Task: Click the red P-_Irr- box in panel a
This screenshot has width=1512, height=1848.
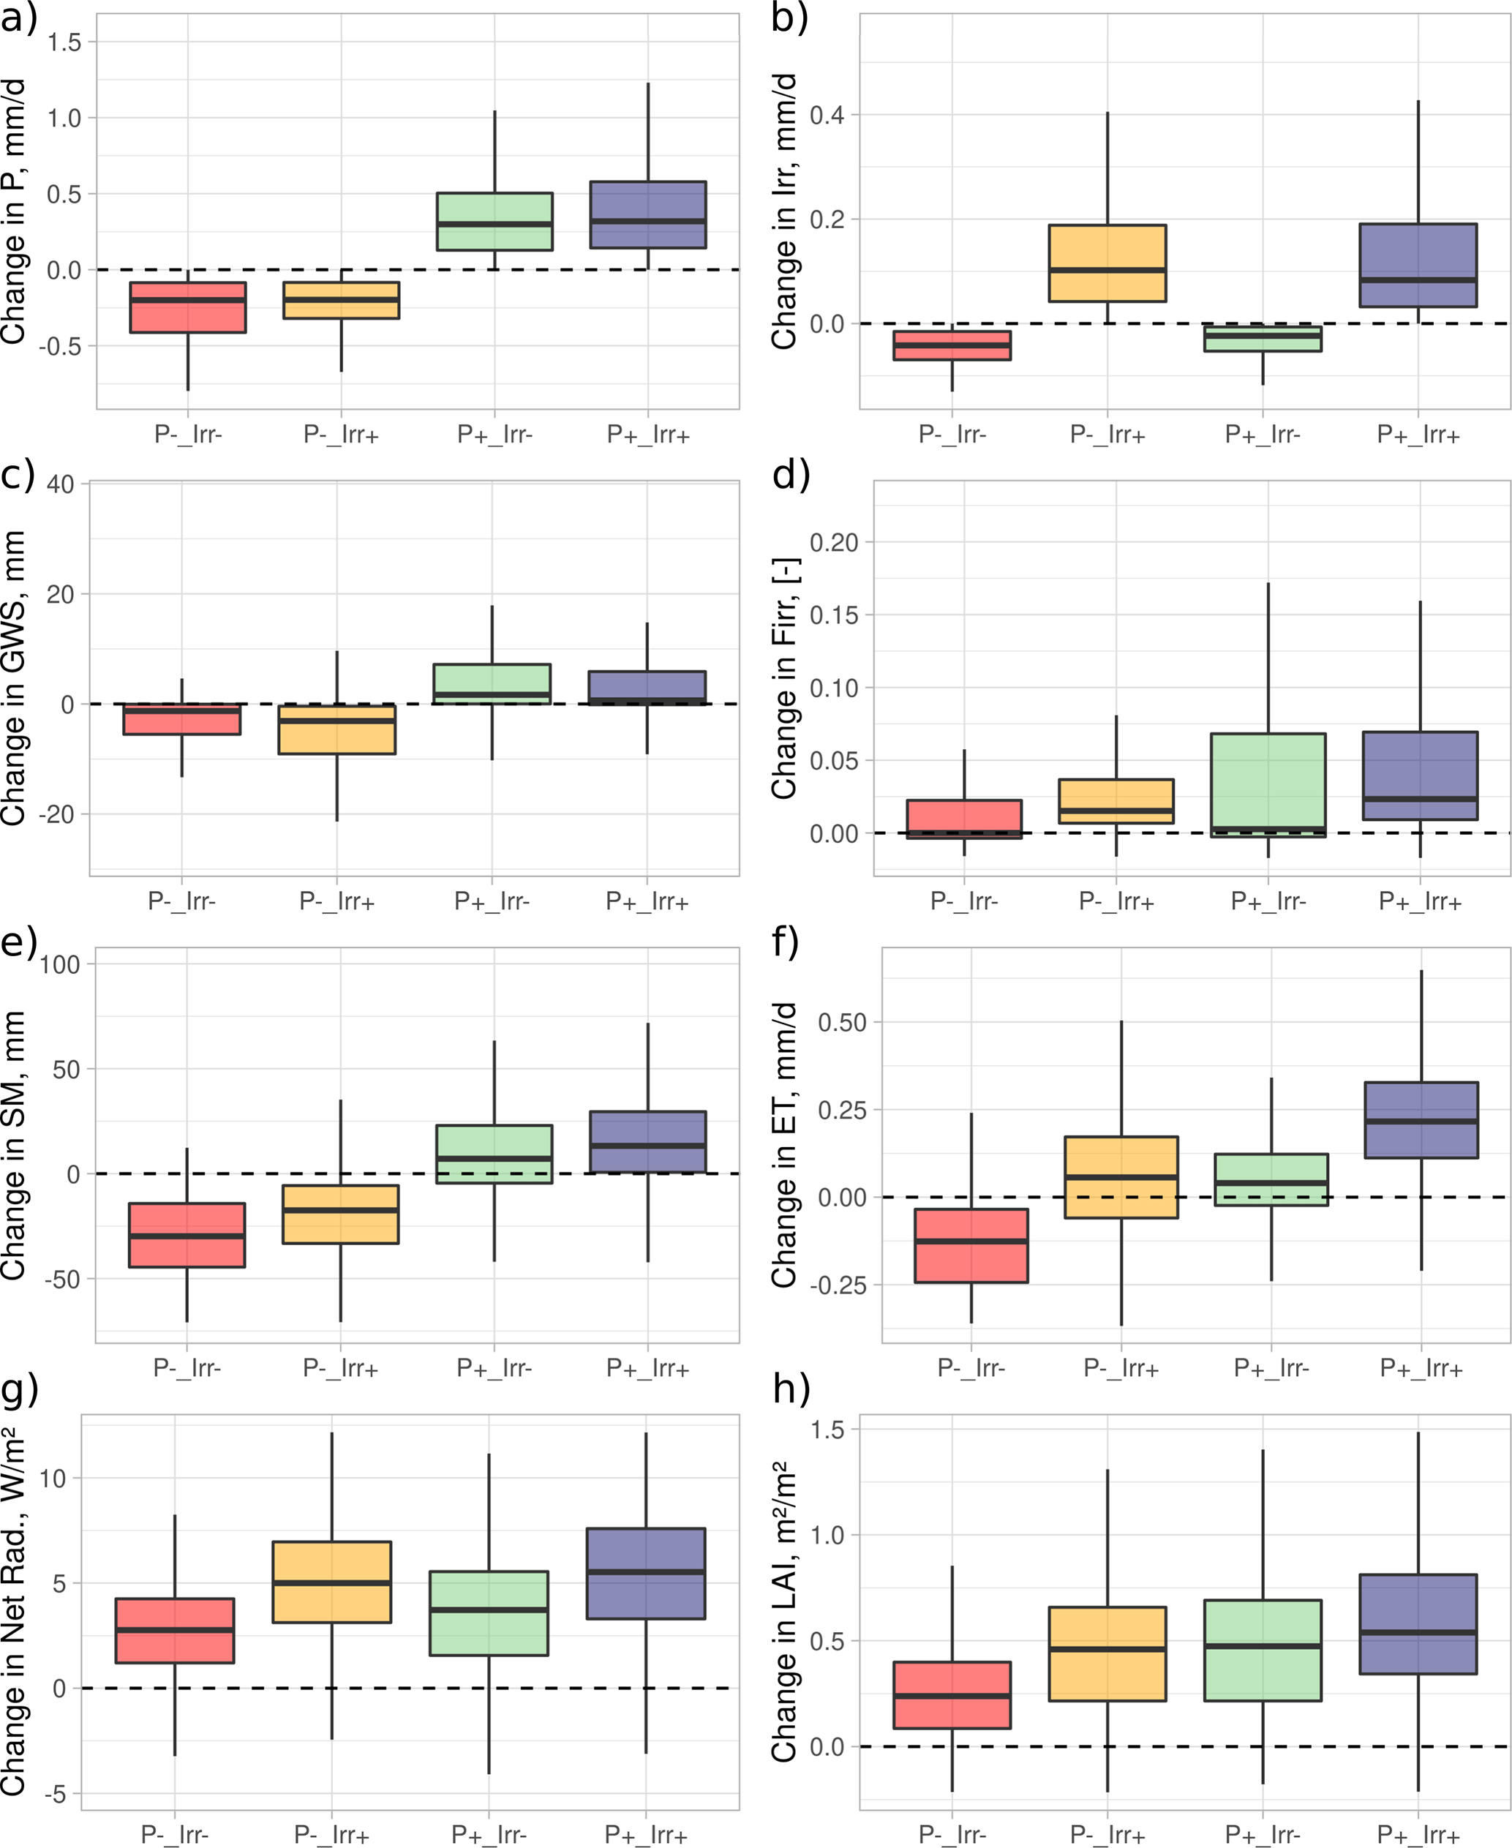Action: (187, 307)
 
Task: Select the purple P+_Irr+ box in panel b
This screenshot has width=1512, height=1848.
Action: (1418, 265)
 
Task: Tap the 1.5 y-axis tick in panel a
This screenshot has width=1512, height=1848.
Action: (64, 42)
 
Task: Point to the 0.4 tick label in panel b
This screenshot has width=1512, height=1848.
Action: (827, 115)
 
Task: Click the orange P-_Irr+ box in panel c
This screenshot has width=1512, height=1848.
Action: (337, 729)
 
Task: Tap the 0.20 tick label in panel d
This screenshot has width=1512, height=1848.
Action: (833, 543)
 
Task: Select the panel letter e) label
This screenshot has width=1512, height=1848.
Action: (19, 942)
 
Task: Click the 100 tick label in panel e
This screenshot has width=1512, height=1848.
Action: (59, 965)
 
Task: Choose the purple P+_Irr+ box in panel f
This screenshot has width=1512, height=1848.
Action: (1421, 1120)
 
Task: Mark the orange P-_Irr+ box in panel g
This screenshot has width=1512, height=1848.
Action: (332, 1582)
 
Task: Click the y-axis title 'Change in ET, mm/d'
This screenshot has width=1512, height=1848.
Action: (785, 1145)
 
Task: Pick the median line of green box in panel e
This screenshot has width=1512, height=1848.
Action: (494, 1158)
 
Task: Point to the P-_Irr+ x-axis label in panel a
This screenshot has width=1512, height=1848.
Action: (341, 434)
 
